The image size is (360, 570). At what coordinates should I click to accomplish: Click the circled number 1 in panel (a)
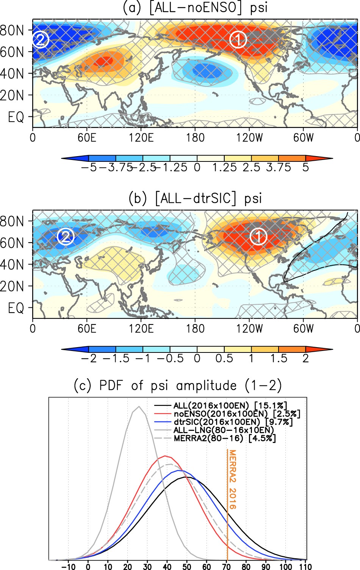click(x=238, y=39)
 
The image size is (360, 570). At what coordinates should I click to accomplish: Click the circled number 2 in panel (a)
click(x=41, y=39)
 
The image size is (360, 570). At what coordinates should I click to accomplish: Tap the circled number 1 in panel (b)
click(x=258, y=237)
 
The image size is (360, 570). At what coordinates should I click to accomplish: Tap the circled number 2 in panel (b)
click(x=66, y=237)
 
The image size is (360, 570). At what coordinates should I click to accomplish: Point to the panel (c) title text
click(x=178, y=385)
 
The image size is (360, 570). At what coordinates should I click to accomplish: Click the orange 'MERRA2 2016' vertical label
click(x=232, y=479)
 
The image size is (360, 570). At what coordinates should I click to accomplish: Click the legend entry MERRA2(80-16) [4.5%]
click(x=225, y=438)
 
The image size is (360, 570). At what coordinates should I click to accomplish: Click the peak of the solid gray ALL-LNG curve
click(x=139, y=407)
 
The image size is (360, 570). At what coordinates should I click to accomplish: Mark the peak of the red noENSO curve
click(x=165, y=456)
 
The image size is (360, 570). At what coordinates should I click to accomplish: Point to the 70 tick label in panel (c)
click(x=227, y=567)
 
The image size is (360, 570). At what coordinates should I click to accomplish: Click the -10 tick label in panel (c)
click(x=68, y=567)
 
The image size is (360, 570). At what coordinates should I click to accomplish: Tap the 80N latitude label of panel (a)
click(x=11, y=30)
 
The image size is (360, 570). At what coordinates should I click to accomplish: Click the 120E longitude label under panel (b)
click(x=141, y=328)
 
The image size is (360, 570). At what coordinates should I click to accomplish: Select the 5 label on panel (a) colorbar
click(x=305, y=168)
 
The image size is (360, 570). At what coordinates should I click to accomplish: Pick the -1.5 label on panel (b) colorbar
click(x=116, y=358)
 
